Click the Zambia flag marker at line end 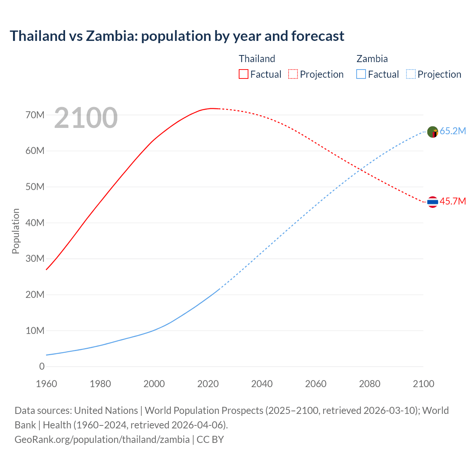tap(432, 132)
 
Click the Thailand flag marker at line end tap(432, 202)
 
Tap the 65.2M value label tap(453, 131)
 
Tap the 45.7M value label tap(453, 202)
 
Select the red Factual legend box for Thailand tap(243, 74)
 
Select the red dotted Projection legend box tap(293, 74)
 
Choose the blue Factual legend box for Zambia tap(361, 74)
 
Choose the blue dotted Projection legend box tap(411, 74)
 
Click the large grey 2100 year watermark tap(86, 118)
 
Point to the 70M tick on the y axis tap(35, 115)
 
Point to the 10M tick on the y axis tap(35, 331)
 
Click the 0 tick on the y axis tap(42, 367)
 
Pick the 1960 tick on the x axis tap(46, 384)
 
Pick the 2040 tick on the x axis tap(262, 384)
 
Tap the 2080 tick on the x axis tap(370, 384)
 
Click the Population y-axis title tap(16, 231)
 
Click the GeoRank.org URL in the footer tap(102, 440)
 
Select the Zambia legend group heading tap(372, 59)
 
